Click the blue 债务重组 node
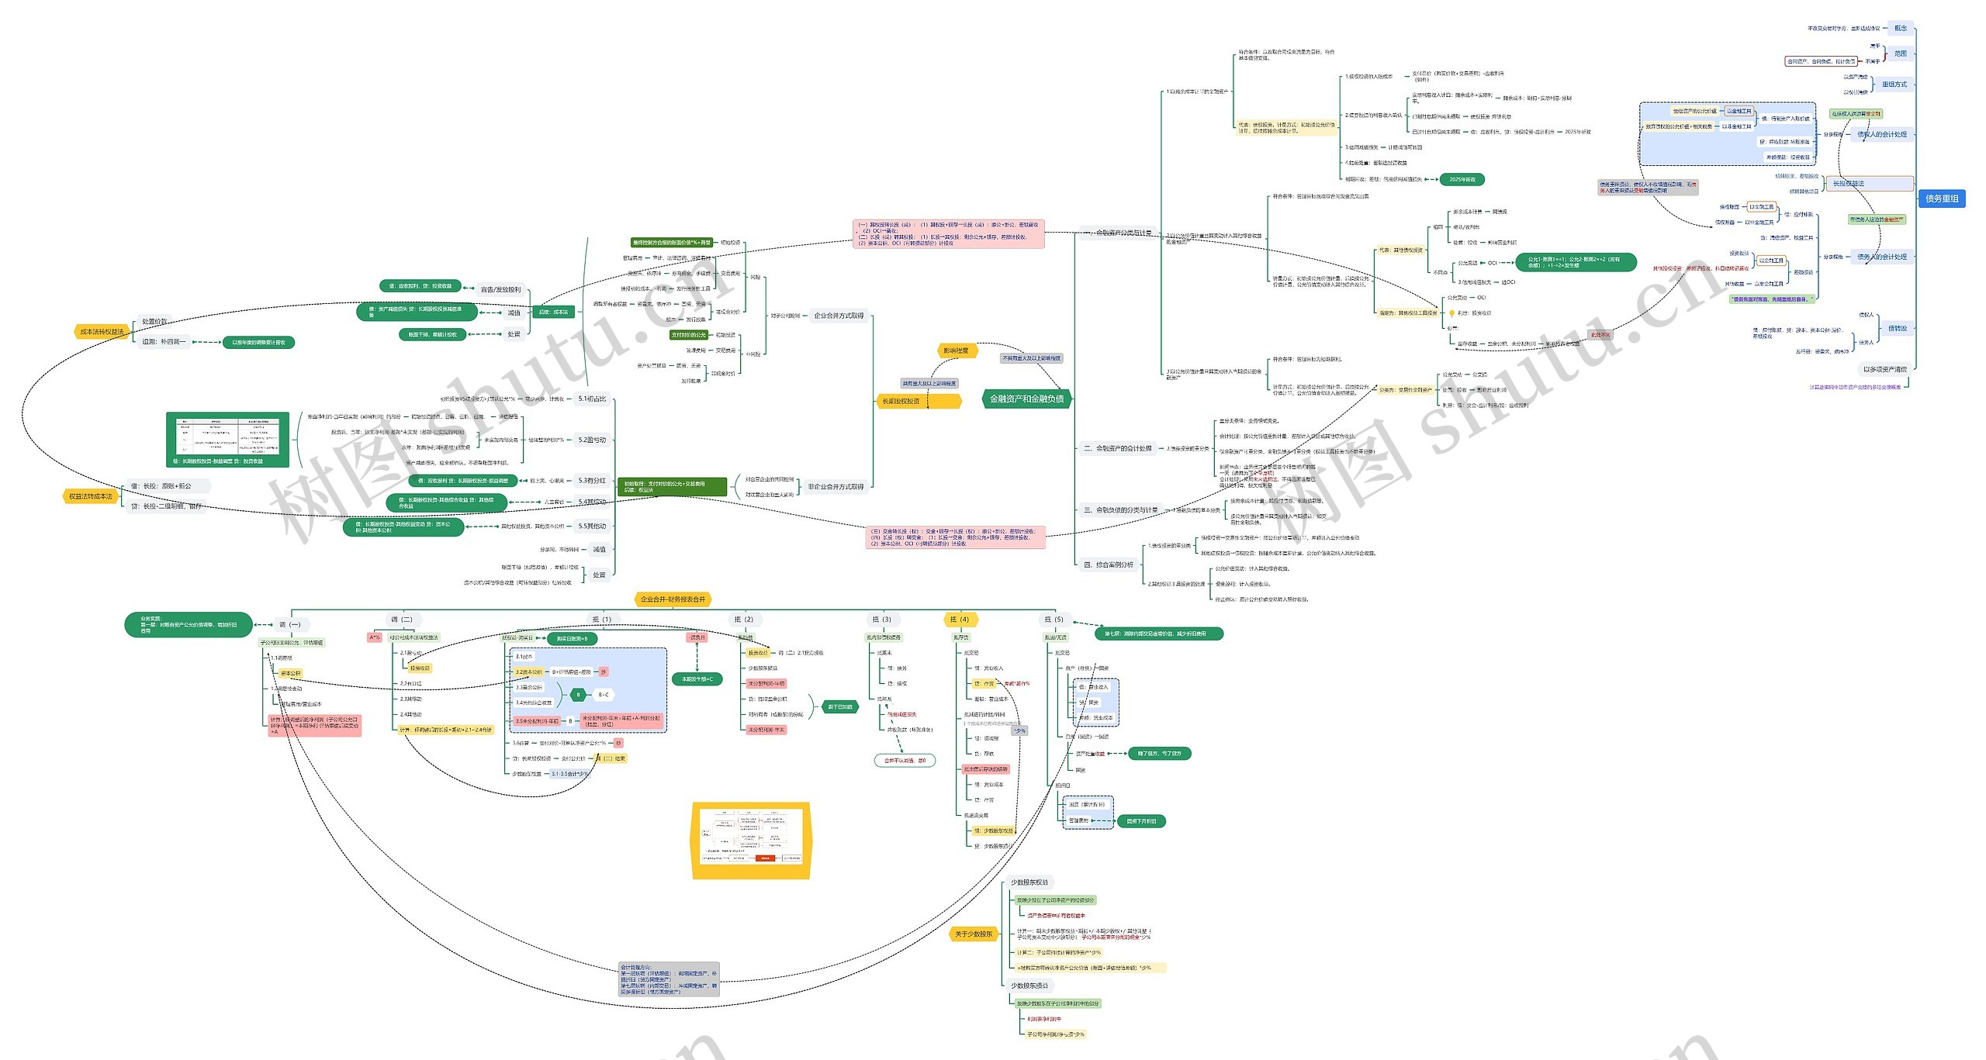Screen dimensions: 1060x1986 (x=1941, y=199)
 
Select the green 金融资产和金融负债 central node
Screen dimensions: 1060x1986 (x=1026, y=399)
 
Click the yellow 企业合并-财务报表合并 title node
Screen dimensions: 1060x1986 (x=673, y=599)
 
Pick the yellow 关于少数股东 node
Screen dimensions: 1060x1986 (x=974, y=934)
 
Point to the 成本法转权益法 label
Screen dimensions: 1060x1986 (x=102, y=332)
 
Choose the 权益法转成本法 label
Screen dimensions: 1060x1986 (x=90, y=496)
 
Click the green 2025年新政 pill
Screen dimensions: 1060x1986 (x=1462, y=179)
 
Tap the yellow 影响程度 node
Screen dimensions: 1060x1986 (x=955, y=350)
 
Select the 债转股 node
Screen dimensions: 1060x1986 (x=1897, y=328)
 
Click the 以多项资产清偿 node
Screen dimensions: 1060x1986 (x=1884, y=369)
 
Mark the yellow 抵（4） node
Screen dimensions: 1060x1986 (x=960, y=619)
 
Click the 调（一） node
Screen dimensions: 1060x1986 (x=289, y=624)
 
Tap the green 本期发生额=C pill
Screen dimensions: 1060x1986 (x=697, y=678)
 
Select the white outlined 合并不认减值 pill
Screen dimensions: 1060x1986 (x=905, y=760)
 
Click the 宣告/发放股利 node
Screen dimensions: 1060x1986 (x=500, y=289)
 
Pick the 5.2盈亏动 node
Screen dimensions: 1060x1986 (x=592, y=440)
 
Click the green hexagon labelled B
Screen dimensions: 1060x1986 (x=578, y=695)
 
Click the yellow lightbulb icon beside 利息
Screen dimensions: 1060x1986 (x=1451, y=313)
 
